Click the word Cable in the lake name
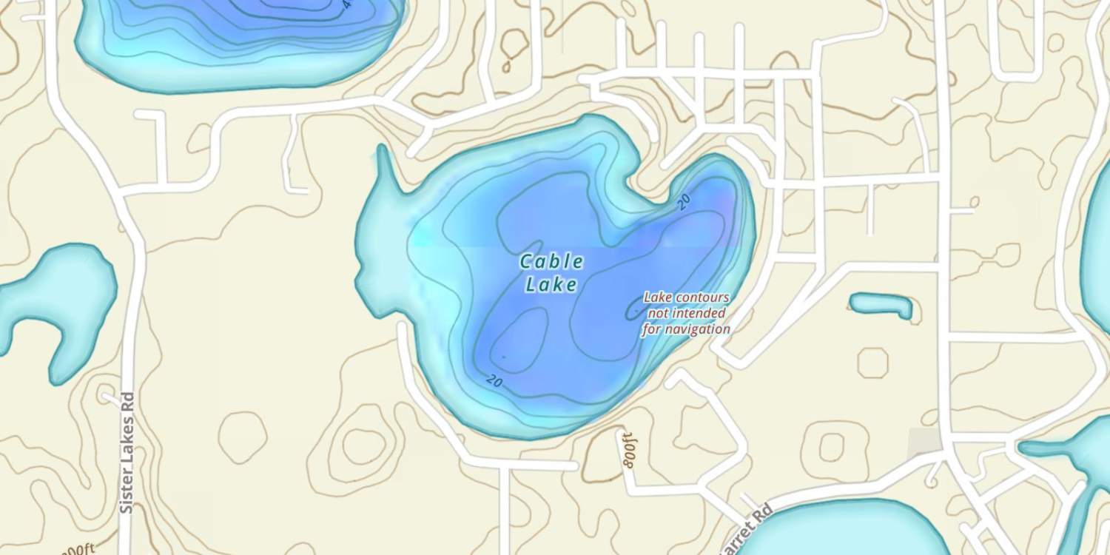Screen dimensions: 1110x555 551,261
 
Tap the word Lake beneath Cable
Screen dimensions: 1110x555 551,284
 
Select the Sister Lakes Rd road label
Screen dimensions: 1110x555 127,453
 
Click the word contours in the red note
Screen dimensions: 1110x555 699,297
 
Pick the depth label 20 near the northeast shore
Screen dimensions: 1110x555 683,202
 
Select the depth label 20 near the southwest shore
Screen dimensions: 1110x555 494,381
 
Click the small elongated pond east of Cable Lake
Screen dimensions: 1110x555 881,304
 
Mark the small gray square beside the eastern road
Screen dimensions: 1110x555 924,442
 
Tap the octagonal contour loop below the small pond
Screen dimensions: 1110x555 873,363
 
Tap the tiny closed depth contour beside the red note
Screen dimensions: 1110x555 635,309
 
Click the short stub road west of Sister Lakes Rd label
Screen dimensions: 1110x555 110,397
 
